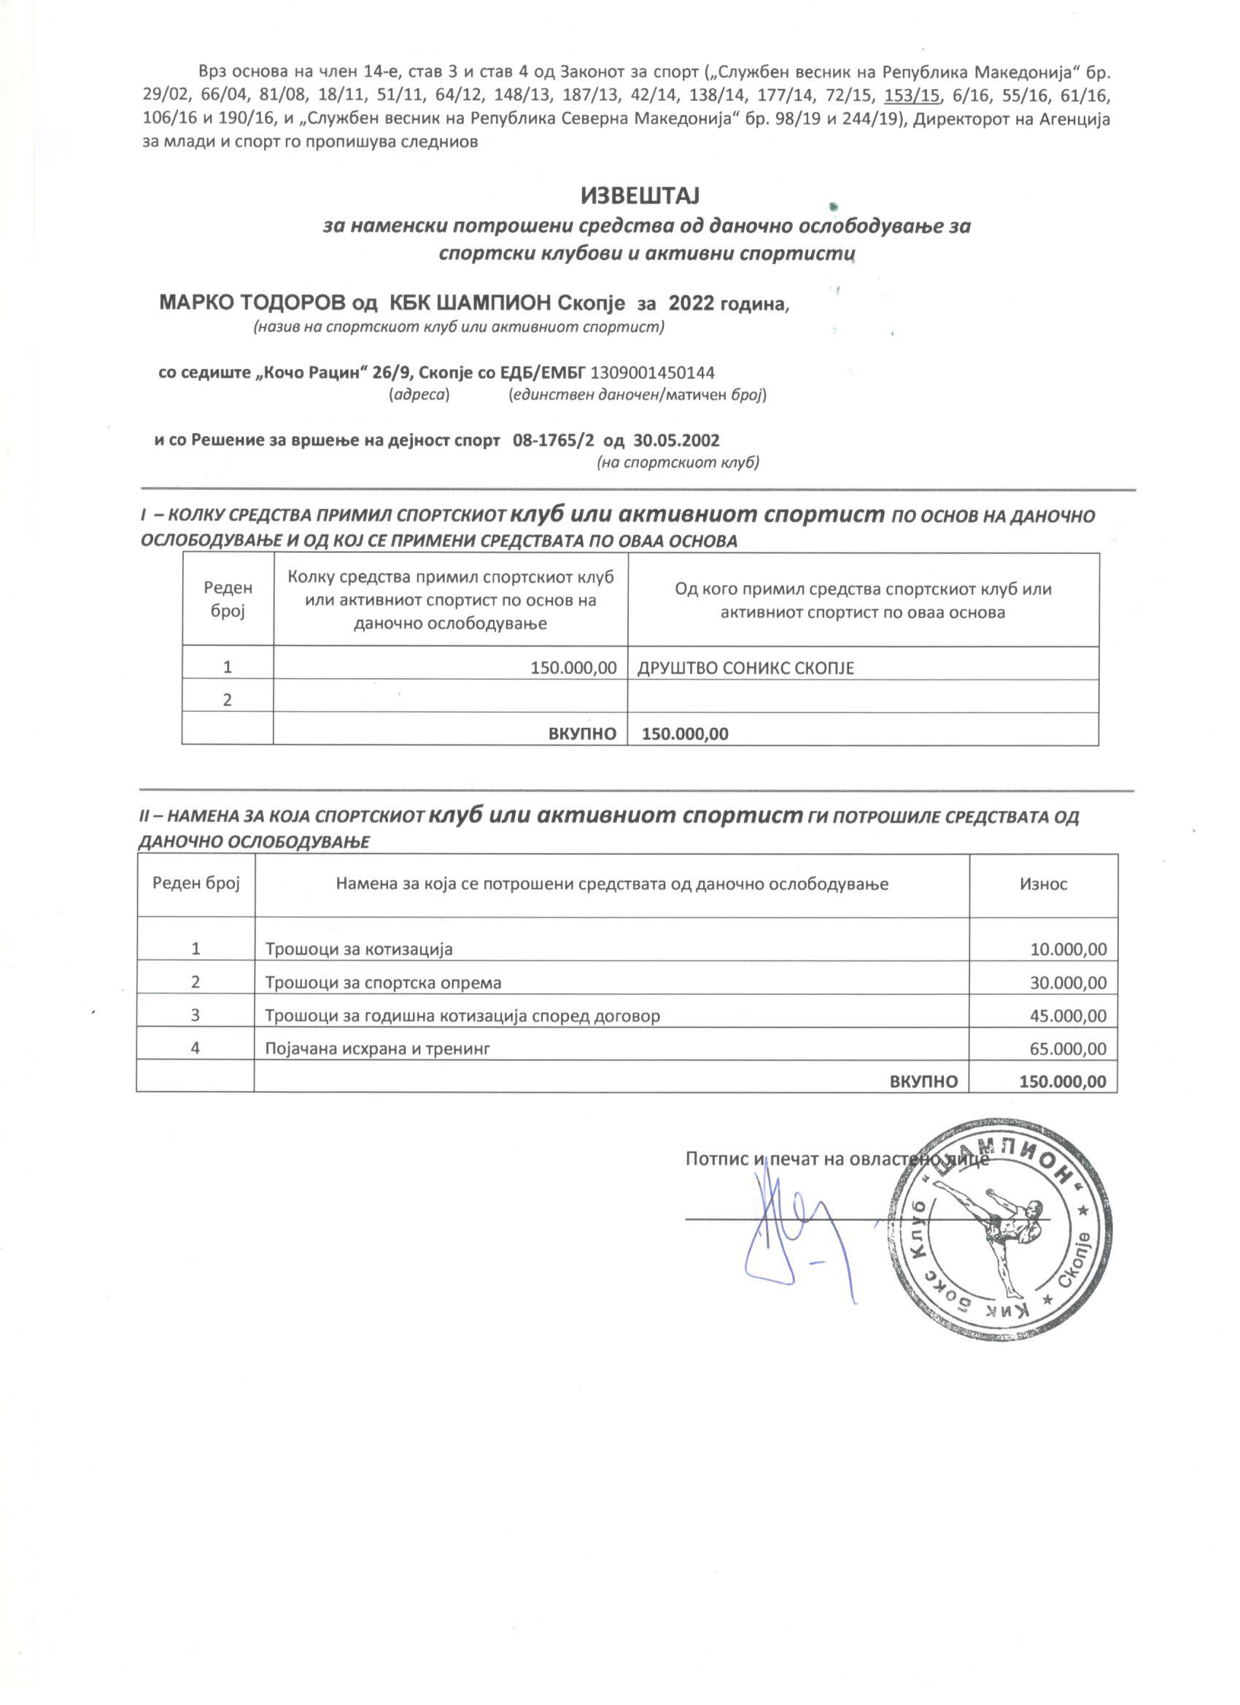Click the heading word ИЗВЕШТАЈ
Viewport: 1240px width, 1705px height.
point(640,196)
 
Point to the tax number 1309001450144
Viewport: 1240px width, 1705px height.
point(653,372)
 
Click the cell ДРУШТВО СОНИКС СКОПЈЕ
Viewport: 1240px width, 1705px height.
point(745,668)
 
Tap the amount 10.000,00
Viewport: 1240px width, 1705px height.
point(1068,949)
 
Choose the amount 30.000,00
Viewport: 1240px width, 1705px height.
point(1068,983)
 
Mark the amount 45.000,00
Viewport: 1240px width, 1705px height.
point(1068,1017)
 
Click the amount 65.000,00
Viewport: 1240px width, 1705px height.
point(1068,1049)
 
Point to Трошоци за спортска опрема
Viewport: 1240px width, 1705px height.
point(383,983)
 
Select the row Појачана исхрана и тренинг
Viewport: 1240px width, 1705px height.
point(378,1049)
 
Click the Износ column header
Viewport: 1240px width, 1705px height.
point(1043,884)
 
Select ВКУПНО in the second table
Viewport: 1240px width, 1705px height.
point(923,1081)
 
